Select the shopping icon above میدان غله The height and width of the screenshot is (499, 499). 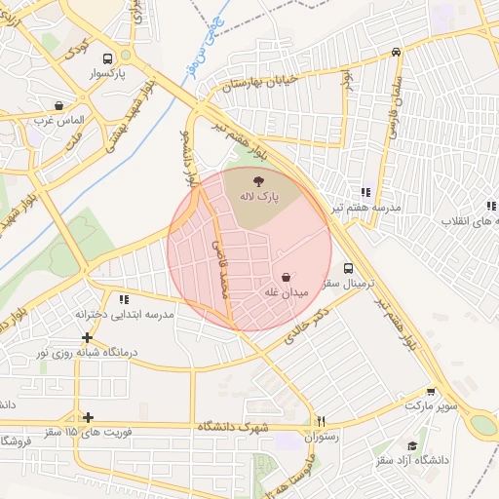click(x=285, y=276)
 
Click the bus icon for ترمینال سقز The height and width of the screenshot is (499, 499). click(x=348, y=268)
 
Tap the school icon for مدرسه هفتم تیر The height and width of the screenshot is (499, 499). click(x=365, y=193)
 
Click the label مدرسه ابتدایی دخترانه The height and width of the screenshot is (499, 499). click(x=124, y=315)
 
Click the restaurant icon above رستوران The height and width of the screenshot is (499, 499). click(x=321, y=422)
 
